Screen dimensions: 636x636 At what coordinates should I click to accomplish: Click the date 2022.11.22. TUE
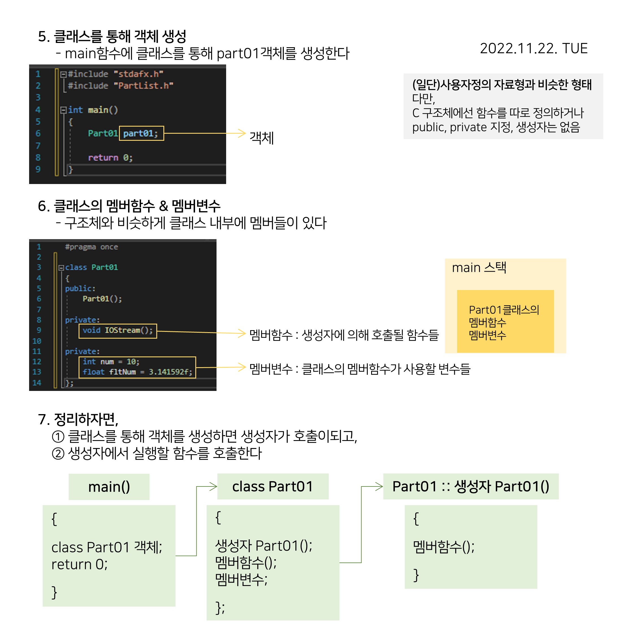(533, 48)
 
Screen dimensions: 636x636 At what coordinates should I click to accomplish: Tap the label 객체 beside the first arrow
(261, 138)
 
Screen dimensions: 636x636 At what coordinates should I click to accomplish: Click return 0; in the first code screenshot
(110, 158)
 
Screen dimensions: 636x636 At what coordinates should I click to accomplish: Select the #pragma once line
(91, 247)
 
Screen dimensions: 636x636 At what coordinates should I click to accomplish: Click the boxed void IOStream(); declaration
(118, 330)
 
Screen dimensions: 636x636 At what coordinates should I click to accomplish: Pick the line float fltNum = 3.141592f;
(137, 372)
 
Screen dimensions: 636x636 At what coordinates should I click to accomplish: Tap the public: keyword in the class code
(80, 289)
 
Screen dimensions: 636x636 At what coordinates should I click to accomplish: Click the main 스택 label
(479, 268)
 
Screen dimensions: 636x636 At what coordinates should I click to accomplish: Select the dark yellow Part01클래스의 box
(505, 321)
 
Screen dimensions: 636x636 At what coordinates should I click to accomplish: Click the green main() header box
(109, 487)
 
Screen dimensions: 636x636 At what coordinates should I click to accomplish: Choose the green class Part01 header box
(272, 486)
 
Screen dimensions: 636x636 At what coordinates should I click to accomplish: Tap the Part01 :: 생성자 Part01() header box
(470, 486)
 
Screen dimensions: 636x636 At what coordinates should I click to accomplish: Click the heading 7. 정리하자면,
(78, 419)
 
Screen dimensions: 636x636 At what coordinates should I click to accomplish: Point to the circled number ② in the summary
(58, 454)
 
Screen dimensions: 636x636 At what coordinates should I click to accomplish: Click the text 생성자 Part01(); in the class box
(263, 546)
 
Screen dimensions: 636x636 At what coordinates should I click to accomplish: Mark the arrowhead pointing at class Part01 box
(214, 486)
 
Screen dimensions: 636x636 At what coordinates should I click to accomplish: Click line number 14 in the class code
(37, 383)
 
